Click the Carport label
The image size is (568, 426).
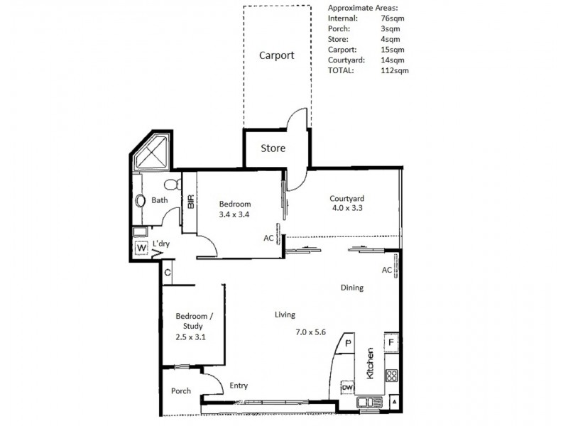[x=275, y=55]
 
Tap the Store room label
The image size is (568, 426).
[x=273, y=148]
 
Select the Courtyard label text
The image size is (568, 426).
[x=347, y=198]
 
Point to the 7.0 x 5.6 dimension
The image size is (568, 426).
[x=310, y=332]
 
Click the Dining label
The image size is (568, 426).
[x=351, y=288]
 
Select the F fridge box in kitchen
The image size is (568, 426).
[x=390, y=342]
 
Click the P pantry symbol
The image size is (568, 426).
[x=349, y=343]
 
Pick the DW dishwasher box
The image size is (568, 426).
[x=347, y=388]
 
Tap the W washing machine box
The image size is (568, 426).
[x=141, y=248]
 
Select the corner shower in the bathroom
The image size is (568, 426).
[x=153, y=153]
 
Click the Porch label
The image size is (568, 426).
[x=181, y=391]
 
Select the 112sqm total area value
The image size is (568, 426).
[x=395, y=70]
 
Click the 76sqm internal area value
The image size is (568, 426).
[x=392, y=17]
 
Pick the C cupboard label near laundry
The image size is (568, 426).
[x=167, y=272]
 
